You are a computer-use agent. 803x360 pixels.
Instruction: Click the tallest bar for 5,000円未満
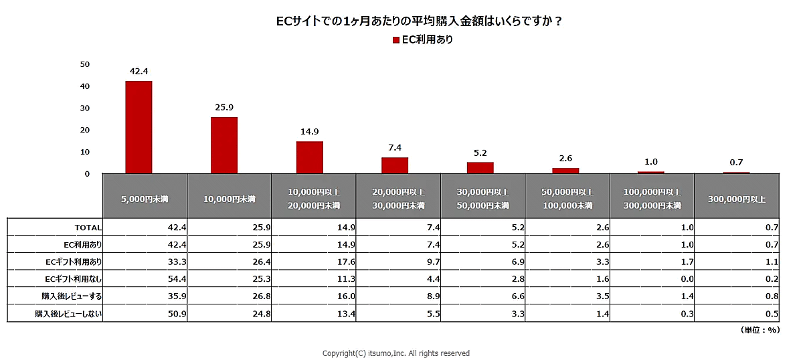139,127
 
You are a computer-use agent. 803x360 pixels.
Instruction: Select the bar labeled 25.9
224,145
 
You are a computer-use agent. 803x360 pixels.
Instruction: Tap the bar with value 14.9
309,157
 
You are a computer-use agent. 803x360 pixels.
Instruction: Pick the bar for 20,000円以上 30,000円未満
395,165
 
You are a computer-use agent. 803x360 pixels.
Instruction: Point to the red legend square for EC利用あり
396,40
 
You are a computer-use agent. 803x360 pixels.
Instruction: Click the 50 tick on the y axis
85,64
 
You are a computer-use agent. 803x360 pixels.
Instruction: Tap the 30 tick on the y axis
85,108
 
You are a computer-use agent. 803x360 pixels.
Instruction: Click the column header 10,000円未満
230,199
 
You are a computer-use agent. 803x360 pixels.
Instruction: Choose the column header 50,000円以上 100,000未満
567,198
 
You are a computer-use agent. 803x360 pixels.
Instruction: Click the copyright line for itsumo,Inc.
396,353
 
